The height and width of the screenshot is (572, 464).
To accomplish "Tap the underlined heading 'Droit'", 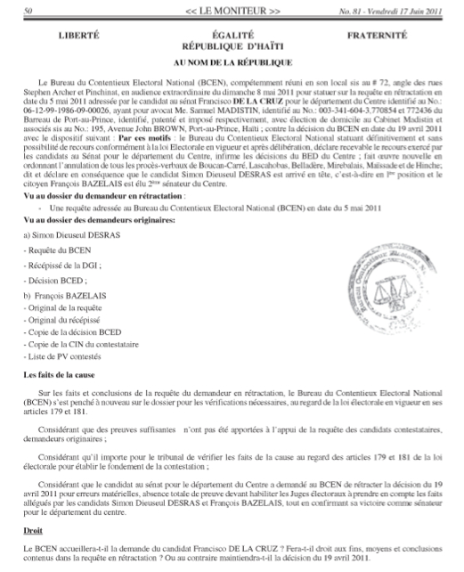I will pyautogui.click(x=31, y=539).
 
